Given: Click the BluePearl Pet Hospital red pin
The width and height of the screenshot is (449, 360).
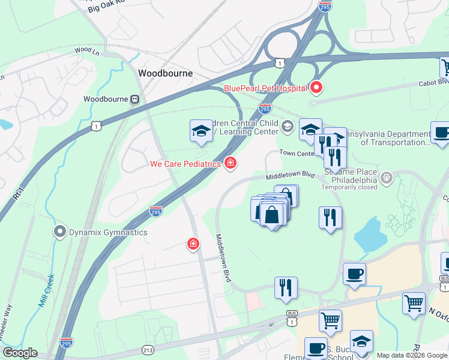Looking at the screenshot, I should [x=316, y=88].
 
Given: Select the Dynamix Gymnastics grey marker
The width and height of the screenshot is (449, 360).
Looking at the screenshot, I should [x=59, y=231].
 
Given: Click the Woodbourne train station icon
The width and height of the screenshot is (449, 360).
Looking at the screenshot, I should [x=136, y=99].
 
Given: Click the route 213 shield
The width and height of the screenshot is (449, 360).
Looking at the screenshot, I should [x=148, y=349].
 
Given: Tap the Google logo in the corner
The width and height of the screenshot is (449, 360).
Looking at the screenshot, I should [x=20, y=352].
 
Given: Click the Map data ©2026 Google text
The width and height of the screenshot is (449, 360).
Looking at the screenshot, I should [x=411, y=355].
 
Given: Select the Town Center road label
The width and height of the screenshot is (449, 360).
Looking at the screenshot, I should [x=297, y=153].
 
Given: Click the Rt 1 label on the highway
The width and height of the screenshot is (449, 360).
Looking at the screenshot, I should [x=18, y=194].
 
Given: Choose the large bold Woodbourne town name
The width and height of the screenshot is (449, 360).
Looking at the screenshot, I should [x=165, y=73].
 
